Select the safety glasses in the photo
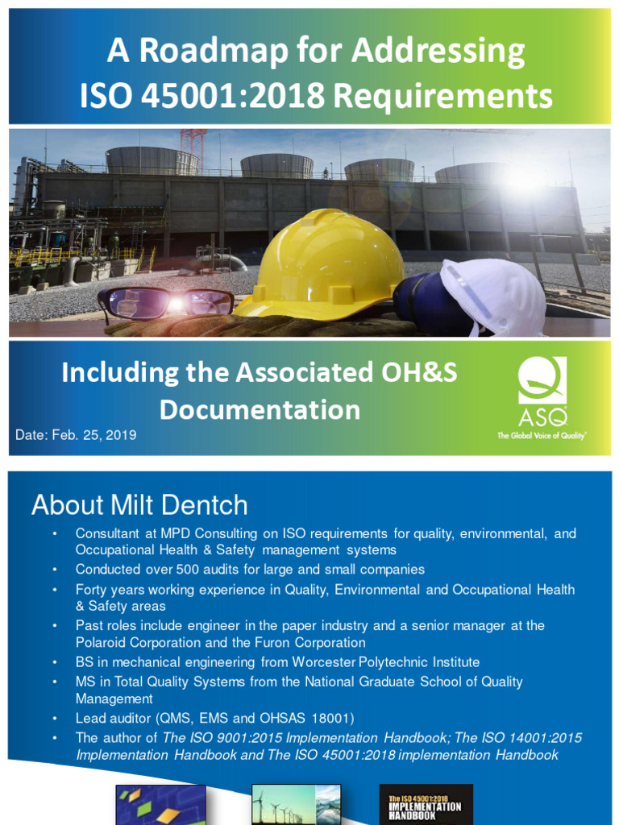[x=165, y=303]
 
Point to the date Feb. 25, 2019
[x=76, y=435]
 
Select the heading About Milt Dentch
[x=139, y=505]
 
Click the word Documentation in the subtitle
[x=260, y=409]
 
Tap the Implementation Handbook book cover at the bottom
[x=426, y=804]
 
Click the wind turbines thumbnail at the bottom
[x=297, y=804]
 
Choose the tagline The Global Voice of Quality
[x=542, y=434]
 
